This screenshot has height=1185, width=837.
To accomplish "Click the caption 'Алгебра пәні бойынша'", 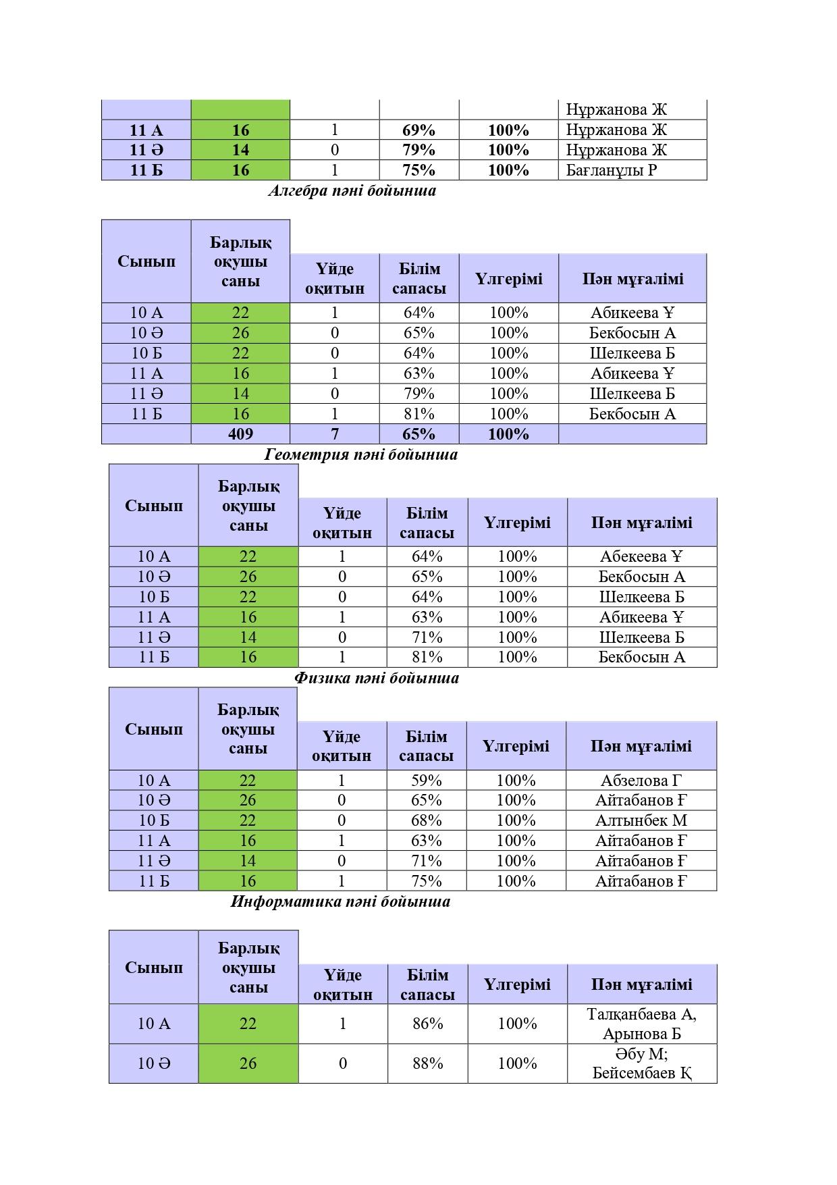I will [x=352, y=191].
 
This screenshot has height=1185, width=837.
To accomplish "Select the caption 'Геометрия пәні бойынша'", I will [x=360, y=455].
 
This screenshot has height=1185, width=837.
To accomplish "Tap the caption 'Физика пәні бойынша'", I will [x=377, y=679].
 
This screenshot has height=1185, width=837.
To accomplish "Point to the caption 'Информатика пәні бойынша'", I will [x=340, y=902].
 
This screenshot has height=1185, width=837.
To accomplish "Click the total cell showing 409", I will [x=240, y=434].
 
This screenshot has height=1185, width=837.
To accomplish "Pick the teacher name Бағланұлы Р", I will [x=611, y=170].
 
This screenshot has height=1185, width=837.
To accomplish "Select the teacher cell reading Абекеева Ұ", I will [x=641, y=557].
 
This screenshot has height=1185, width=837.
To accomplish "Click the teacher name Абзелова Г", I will [x=641, y=781].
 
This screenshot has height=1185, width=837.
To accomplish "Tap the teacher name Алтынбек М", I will [x=641, y=821].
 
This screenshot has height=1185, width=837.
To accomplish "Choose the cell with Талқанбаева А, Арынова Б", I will [x=641, y=1024].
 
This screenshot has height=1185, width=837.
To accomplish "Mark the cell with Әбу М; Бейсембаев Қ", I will [x=641, y=1064].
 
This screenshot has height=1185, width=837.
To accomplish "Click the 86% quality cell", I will [x=428, y=1024].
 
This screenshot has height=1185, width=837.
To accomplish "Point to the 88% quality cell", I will [x=428, y=1064].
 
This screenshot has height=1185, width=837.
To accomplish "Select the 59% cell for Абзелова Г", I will [x=427, y=781].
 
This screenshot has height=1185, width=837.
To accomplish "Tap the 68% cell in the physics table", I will [x=427, y=821].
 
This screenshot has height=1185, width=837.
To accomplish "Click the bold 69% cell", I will [x=419, y=130].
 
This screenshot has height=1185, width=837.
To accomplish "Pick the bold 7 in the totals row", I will [x=335, y=434].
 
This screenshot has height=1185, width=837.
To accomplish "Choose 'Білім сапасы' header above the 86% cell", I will [x=428, y=985].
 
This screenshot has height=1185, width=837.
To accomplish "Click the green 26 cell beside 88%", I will [x=248, y=1064].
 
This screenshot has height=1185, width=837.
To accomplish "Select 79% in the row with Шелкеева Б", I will [x=419, y=394].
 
